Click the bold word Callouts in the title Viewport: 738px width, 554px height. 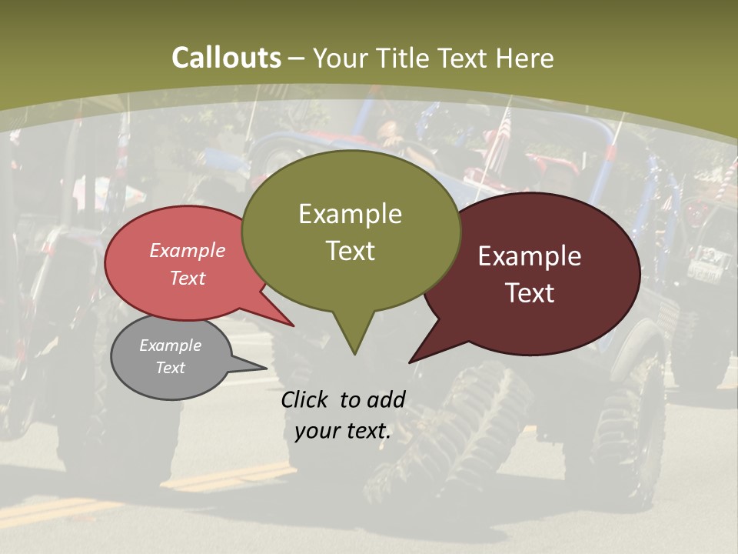point(226,58)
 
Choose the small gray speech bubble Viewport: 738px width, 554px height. point(146,381)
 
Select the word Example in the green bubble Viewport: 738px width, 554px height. point(350,214)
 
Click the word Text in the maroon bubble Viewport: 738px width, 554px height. point(530,293)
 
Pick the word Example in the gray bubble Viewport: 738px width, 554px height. point(170,345)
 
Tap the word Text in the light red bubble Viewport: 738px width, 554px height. point(188,278)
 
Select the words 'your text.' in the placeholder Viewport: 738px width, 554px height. point(343,431)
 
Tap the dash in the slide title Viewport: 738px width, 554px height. point(297,58)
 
